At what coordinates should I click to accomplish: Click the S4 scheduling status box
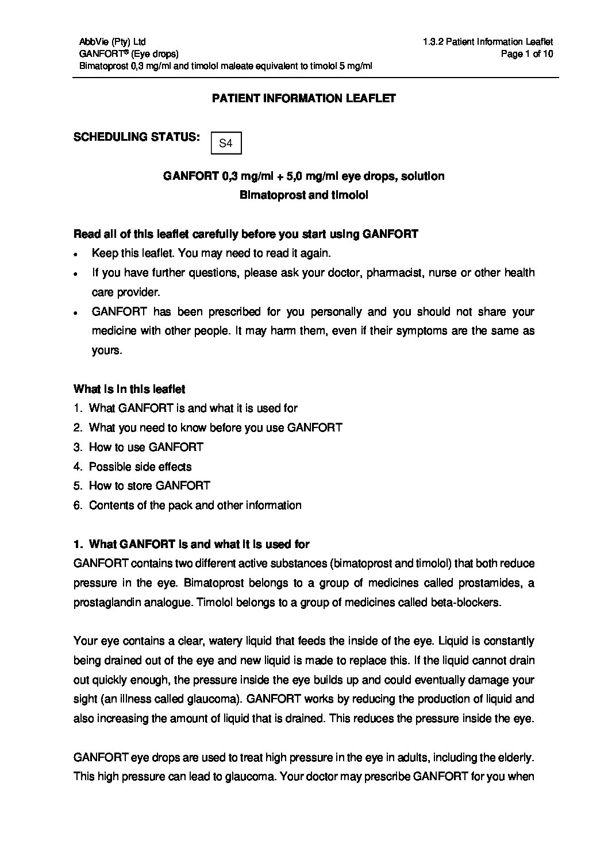(x=226, y=143)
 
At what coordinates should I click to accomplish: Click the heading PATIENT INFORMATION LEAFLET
(x=304, y=98)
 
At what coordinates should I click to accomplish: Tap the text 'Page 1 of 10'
(x=527, y=54)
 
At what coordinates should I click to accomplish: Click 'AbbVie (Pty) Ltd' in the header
(x=113, y=42)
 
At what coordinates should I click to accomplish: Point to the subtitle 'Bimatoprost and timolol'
(x=303, y=195)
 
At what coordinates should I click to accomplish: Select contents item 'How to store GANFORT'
(x=149, y=486)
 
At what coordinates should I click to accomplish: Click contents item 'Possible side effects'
(x=140, y=466)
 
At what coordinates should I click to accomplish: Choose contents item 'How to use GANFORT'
(x=146, y=447)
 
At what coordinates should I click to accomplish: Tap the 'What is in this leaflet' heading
(x=129, y=389)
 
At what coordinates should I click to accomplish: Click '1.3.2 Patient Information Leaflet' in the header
(x=487, y=42)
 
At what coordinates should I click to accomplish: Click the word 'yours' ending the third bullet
(x=106, y=350)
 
